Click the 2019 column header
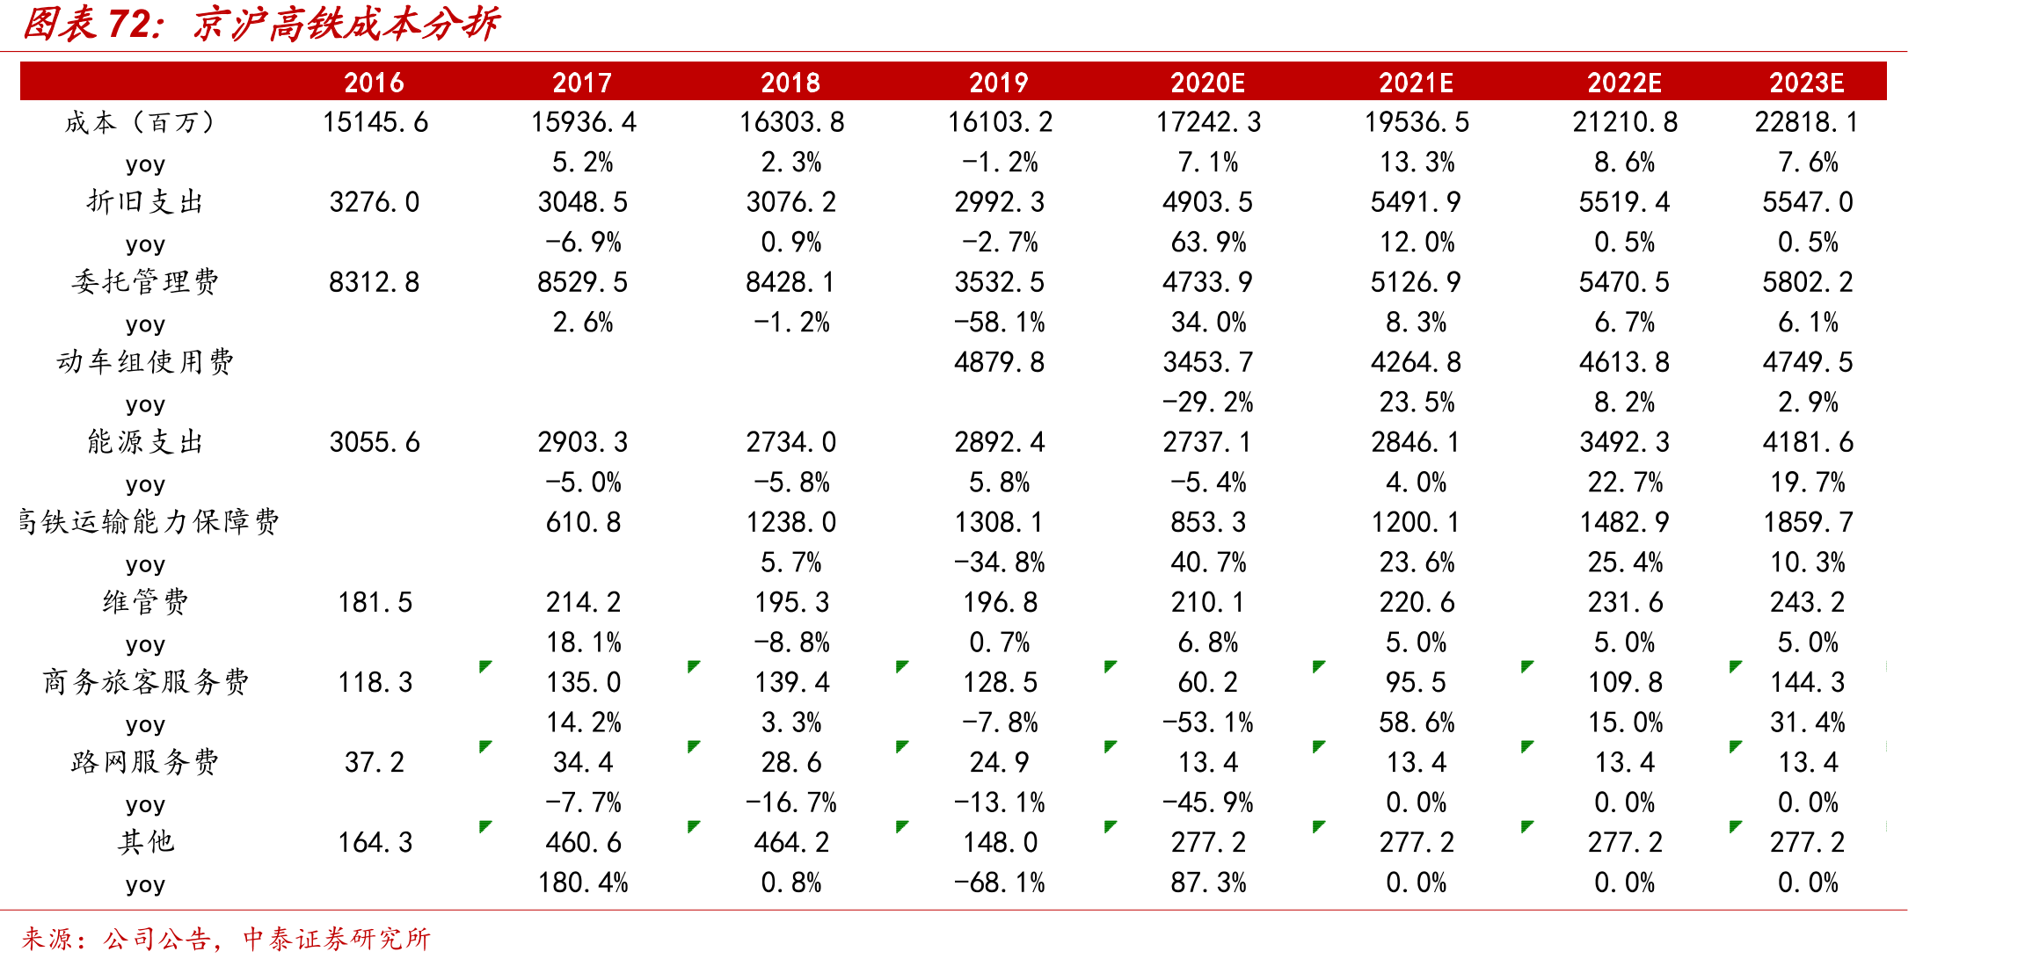click(999, 83)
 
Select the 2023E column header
click(1807, 83)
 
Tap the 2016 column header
click(375, 83)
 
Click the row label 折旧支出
click(145, 202)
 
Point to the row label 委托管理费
click(145, 282)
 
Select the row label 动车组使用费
click(145, 362)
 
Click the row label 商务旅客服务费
click(145, 682)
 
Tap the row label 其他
click(145, 842)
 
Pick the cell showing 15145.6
click(375, 122)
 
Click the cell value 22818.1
click(1807, 122)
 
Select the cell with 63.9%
click(1208, 242)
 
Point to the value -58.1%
click(1000, 322)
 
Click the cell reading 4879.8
click(1000, 362)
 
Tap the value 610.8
click(583, 522)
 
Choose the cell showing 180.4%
click(583, 882)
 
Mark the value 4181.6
click(1808, 442)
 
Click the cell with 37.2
click(375, 762)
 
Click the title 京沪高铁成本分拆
click(346, 24)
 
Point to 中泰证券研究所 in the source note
click(337, 939)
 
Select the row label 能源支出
click(145, 442)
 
